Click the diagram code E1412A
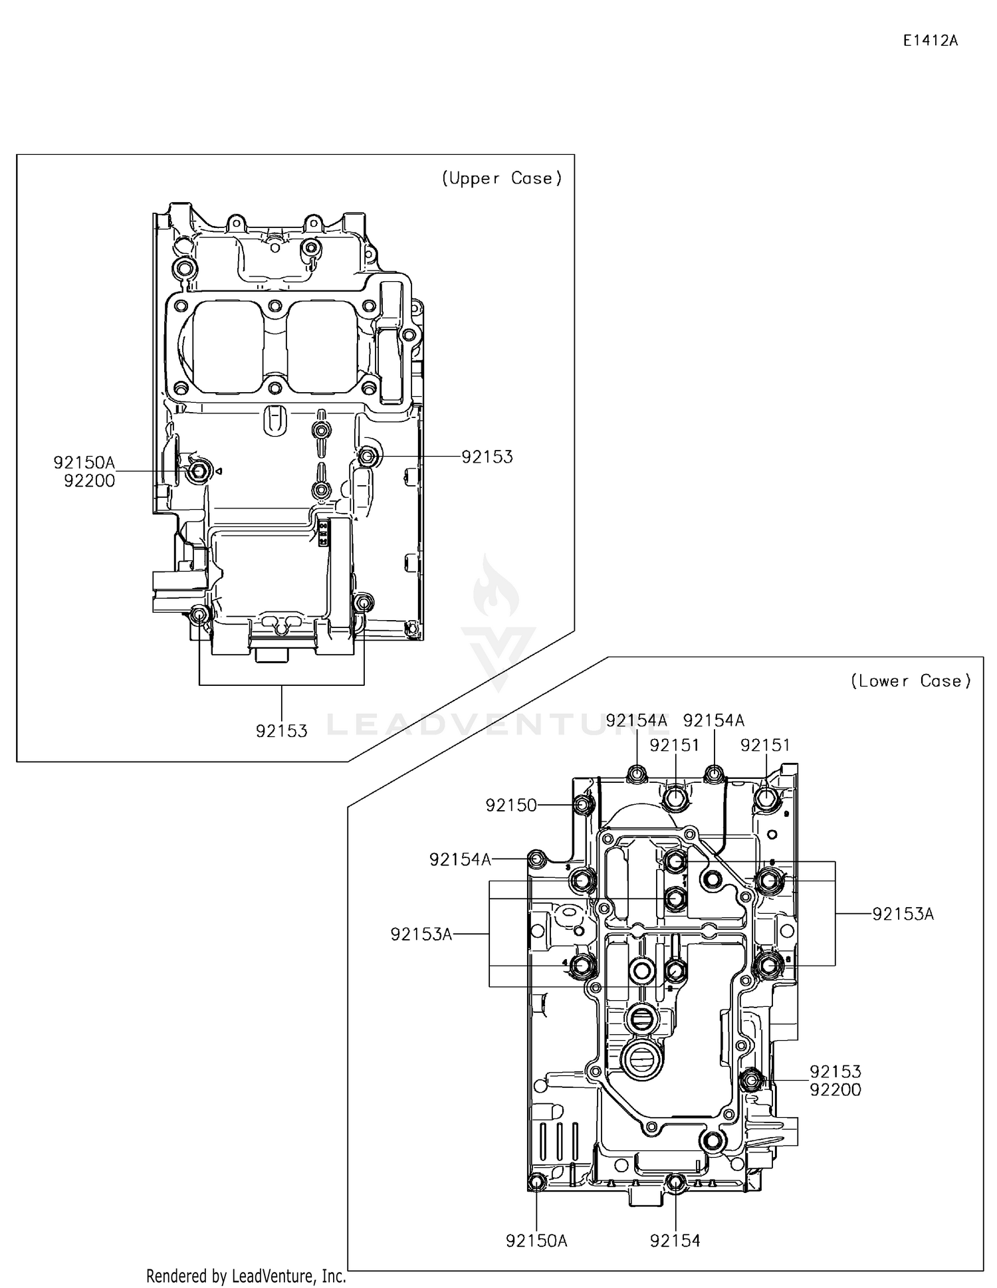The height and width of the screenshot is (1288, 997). (930, 41)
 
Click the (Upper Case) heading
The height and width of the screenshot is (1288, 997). (502, 178)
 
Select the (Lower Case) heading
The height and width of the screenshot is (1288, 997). (911, 681)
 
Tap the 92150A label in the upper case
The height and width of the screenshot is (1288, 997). (84, 463)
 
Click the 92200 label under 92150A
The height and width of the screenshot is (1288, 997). (89, 481)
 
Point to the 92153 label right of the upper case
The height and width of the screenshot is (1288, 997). (487, 457)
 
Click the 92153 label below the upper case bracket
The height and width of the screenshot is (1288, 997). (282, 731)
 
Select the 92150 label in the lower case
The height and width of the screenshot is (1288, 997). (510, 805)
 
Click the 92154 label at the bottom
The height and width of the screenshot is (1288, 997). (675, 1241)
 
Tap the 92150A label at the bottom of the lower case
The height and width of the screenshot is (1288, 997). (536, 1241)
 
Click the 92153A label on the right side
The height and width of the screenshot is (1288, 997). (903, 914)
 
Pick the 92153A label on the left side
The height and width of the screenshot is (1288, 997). (421, 934)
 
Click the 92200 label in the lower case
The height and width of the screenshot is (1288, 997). (835, 1090)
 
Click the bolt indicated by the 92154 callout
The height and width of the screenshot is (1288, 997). (675, 1182)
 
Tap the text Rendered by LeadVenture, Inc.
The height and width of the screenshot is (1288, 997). (246, 1275)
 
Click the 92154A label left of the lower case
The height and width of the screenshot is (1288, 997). (460, 859)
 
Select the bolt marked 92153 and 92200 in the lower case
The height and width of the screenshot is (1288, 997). (750, 1080)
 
